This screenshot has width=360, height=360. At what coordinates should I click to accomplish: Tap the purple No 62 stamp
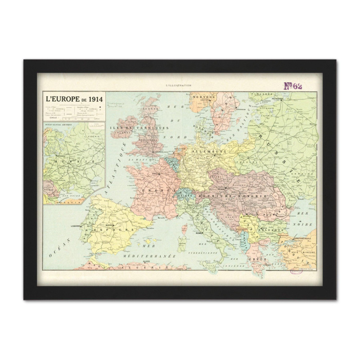coord(292,86)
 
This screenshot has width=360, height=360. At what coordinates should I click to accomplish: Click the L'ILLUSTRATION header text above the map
coord(179,85)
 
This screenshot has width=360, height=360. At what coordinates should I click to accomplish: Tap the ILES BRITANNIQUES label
coord(136,126)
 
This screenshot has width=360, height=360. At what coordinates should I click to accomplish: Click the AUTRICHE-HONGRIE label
coord(239,197)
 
